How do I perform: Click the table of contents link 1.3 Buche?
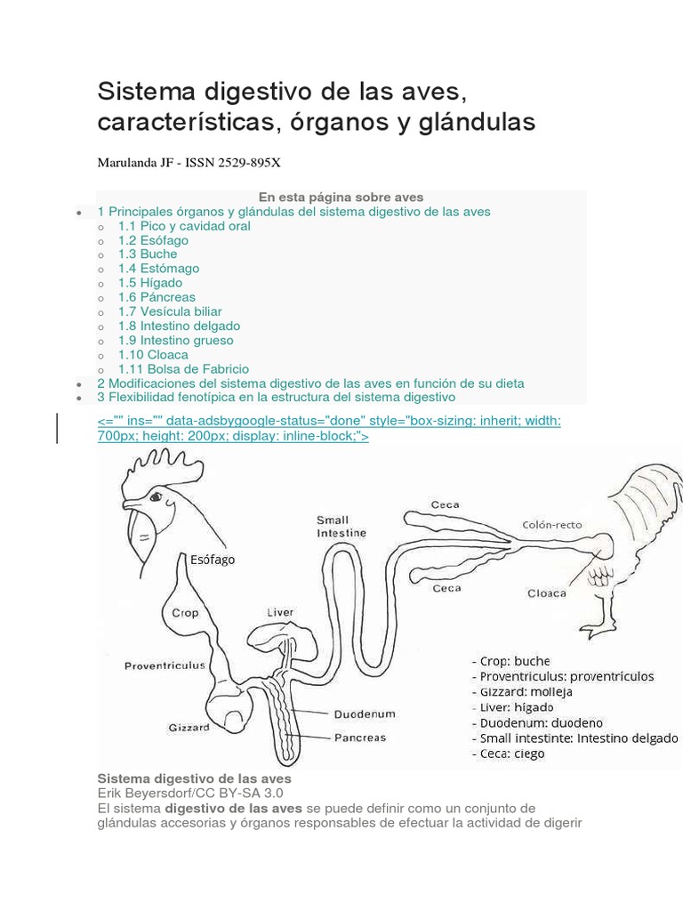click(x=147, y=254)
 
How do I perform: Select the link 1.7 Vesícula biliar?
click(x=169, y=311)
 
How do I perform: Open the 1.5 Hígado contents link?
click(x=149, y=283)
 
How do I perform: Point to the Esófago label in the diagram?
click(x=213, y=560)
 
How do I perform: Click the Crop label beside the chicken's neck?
click(x=184, y=613)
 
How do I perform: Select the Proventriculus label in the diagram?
click(x=165, y=665)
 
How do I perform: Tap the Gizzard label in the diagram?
click(x=189, y=727)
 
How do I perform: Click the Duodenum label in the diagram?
click(x=365, y=713)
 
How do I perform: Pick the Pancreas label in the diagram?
click(x=360, y=738)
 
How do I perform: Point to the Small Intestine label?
click(x=333, y=526)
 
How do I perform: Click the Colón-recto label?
click(x=552, y=525)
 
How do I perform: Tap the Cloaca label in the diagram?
click(x=547, y=593)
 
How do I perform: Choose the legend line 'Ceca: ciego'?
click(x=512, y=754)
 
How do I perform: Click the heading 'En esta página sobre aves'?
click(x=341, y=197)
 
